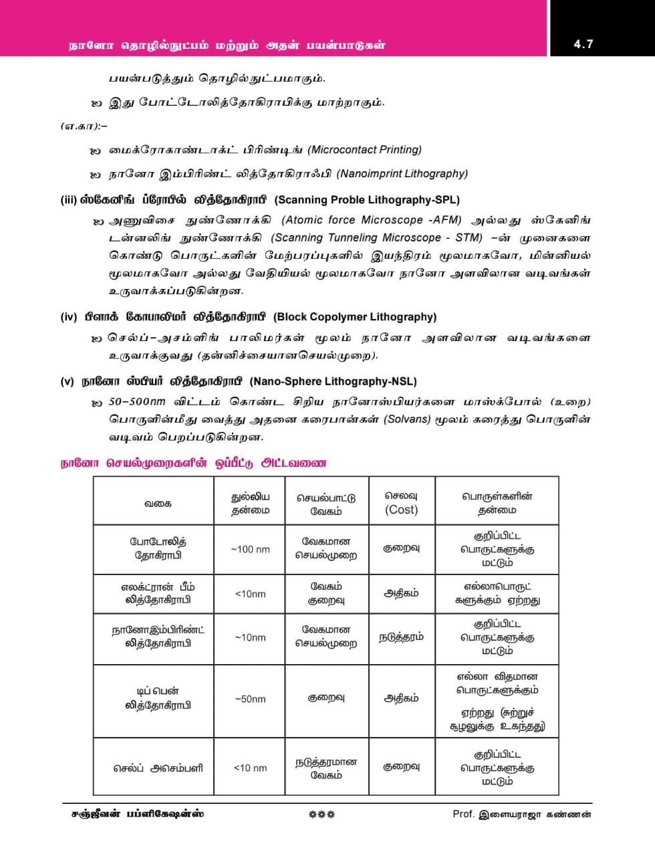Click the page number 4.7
(x=583, y=44)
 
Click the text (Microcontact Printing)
(x=365, y=150)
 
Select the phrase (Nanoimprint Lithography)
(x=402, y=174)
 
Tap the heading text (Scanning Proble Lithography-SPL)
(x=367, y=200)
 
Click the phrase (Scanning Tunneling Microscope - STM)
(x=376, y=238)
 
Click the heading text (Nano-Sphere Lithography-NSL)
(x=333, y=381)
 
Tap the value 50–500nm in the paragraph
(x=137, y=402)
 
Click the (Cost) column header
(x=401, y=510)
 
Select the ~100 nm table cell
(x=250, y=549)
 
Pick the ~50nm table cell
(x=250, y=699)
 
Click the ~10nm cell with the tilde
(x=250, y=637)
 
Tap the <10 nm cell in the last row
(x=250, y=768)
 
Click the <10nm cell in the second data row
(x=250, y=594)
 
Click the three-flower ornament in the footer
(x=322, y=815)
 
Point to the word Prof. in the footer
(x=463, y=814)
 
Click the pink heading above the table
(x=194, y=463)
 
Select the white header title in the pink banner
(x=227, y=45)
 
